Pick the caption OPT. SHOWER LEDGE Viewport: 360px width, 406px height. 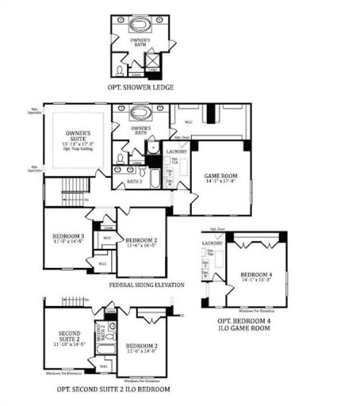[x=142, y=87]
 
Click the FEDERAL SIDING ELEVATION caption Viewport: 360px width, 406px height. [x=147, y=285]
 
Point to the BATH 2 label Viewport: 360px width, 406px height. [x=135, y=182]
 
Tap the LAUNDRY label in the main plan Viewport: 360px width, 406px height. [x=176, y=151]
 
